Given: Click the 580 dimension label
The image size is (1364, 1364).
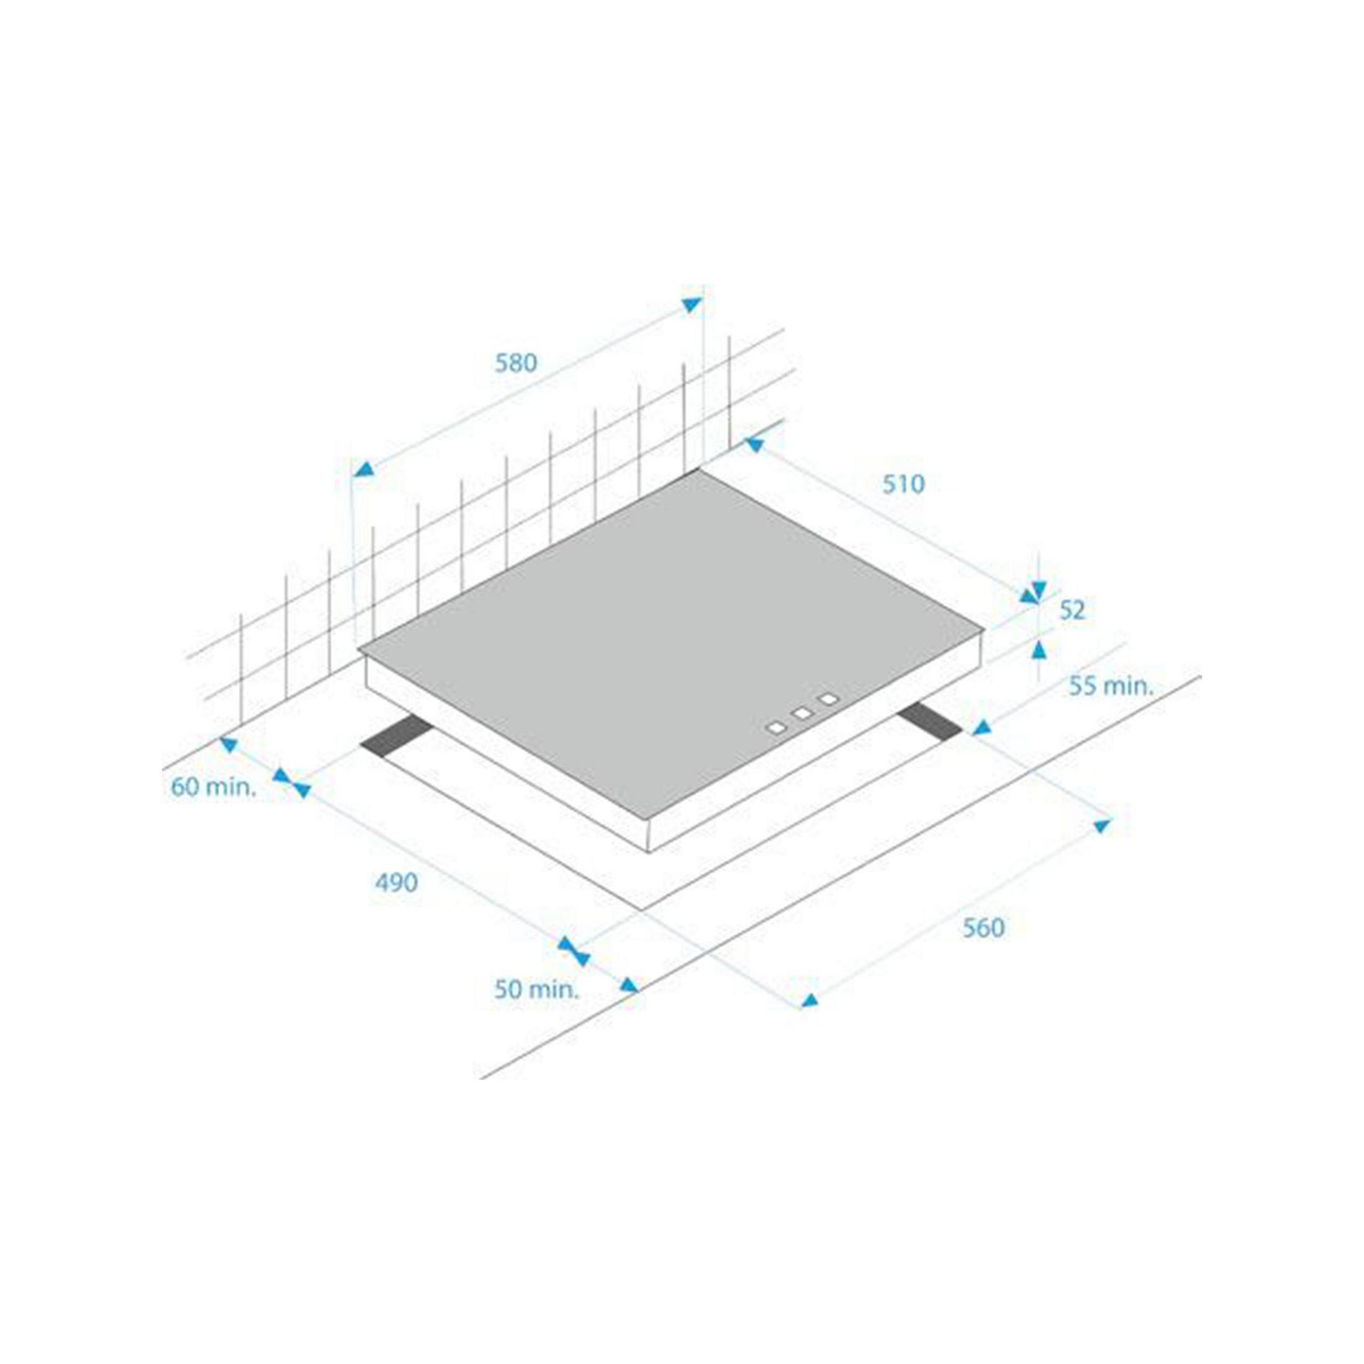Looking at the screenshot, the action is click(516, 363).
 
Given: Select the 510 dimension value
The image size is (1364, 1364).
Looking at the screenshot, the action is click(904, 484).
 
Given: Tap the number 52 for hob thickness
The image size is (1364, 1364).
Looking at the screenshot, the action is click(1073, 610).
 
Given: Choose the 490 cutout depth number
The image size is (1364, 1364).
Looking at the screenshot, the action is click(396, 882).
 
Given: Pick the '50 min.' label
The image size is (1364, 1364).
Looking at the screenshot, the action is click(536, 990).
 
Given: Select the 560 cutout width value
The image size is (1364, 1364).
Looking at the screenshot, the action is click(983, 928).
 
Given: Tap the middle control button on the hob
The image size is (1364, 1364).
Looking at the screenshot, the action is click(803, 713).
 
